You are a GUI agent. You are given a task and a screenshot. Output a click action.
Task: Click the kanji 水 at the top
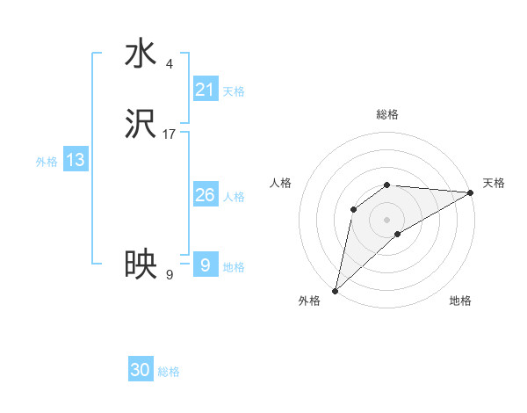(x=141, y=54)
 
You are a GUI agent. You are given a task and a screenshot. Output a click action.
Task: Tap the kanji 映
(x=141, y=264)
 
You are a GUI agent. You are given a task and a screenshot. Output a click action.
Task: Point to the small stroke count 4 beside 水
(x=170, y=63)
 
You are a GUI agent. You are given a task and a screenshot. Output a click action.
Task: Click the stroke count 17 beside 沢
(x=170, y=134)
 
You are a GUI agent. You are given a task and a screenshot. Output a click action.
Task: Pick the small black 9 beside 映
(x=170, y=274)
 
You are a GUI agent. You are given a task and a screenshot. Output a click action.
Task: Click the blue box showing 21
(x=206, y=90)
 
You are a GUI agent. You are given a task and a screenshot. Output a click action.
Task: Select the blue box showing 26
(x=206, y=195)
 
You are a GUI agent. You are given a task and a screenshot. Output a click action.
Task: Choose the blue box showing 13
(x=76, y=160)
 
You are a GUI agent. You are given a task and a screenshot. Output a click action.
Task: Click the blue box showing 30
(x=141, y=370)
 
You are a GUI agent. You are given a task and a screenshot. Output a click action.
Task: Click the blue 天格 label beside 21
(x=234, y=91)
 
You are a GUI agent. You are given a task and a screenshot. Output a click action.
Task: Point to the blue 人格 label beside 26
(x=234, y=197)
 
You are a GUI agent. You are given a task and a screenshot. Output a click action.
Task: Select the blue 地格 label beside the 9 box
(x=234, y=267)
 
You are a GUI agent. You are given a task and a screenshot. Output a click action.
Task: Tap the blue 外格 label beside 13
(x=47, y=162)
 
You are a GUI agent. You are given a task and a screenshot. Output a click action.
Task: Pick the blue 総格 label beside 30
(x=169, y=372)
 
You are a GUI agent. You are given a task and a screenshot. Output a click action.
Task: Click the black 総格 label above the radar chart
(x=387, y=114)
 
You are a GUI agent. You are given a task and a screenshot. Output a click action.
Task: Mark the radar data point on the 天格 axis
(x=471, y=192)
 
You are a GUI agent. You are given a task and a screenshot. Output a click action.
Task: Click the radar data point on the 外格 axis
(x=335, y=290)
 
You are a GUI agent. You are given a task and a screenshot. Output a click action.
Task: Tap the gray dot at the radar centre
(x=387, y=219)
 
